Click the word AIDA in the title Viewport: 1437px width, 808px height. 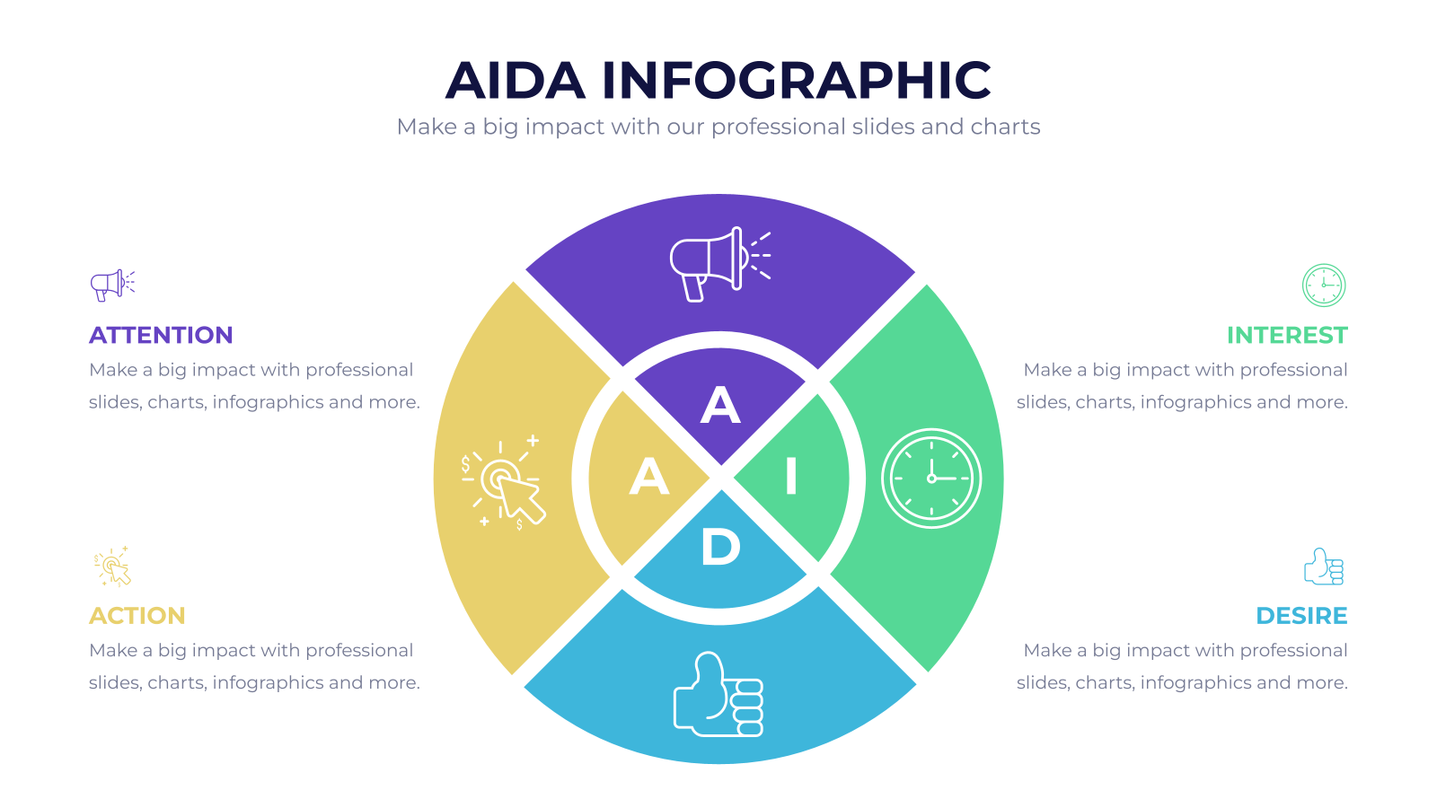pyautogui.click(x=516, y=80)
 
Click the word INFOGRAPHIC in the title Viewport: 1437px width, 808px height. pyautogui.click(x=797, y=80)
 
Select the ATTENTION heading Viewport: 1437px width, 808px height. pyautogui.click(x=161, y=336)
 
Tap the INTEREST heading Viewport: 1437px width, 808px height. pyautogui.click(x=1287, y=336)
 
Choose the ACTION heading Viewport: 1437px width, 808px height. pyautogui.click(x=137, y=616)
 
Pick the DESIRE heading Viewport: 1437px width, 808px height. pyautogui.click(x=1301, y=616)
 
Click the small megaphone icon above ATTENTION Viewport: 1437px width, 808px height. pyautogui.click(x=112, y=285)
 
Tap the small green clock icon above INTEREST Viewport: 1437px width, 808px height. pyautogui.click(x=1324, y=285)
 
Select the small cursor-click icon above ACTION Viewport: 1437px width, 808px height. pyautogui.click(x=112, y=566)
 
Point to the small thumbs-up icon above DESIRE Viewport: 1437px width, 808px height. pyautogui.click(x=1324, y=566)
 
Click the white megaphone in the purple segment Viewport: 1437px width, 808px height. pyautogui.click(x=719, y=264)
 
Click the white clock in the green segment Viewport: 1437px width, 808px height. pyautogui.click(x=930, y=479)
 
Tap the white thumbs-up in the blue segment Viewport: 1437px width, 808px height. pyautogui.click(x=718, y=694)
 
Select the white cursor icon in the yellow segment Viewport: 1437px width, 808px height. pyautogui.click(x=503, y=484)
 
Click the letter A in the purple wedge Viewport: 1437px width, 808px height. pyautogui.click(x=720, y=405)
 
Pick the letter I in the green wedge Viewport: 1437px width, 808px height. pyautogui.click(x=791, y=476)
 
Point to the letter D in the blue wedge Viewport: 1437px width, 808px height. pyautogui.click(x=720, y=547)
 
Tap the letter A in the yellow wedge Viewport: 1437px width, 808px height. pyautogui.click(x=649, y=476)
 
